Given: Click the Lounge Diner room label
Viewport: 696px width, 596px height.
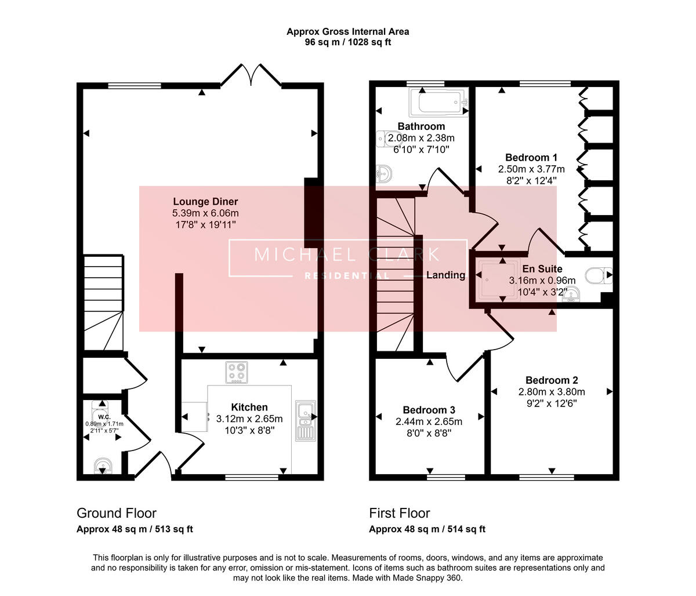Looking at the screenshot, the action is pos(205,202).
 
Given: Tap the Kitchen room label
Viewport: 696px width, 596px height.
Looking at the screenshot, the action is pos(249,407).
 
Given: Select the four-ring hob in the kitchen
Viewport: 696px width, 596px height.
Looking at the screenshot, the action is pos(237,372).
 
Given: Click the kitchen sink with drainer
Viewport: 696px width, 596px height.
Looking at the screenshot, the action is pos(306,421).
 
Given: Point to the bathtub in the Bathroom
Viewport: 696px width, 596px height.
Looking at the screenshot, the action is pos(438,102).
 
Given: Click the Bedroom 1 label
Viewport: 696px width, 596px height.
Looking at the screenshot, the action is pos(531,158).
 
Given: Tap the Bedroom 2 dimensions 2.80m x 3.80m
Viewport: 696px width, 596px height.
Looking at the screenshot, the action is pos(552,392).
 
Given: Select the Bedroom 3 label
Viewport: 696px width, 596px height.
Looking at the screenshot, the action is pos(429,410).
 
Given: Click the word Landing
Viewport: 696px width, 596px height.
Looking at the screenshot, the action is pos(445,275).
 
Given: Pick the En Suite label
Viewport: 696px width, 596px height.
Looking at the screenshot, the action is pos(542,269).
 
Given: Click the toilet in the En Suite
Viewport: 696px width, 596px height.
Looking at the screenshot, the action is pos(599,275).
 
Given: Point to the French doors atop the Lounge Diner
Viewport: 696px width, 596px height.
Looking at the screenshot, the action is pos(251,76).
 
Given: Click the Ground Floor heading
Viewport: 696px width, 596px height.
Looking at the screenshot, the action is pos(117,513).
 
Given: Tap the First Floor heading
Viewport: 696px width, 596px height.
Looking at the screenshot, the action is pos(400,513).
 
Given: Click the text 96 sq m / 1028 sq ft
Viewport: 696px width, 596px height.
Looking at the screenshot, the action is pos(348,42).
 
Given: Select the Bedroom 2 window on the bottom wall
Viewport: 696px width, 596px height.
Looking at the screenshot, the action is pos(546,477).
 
